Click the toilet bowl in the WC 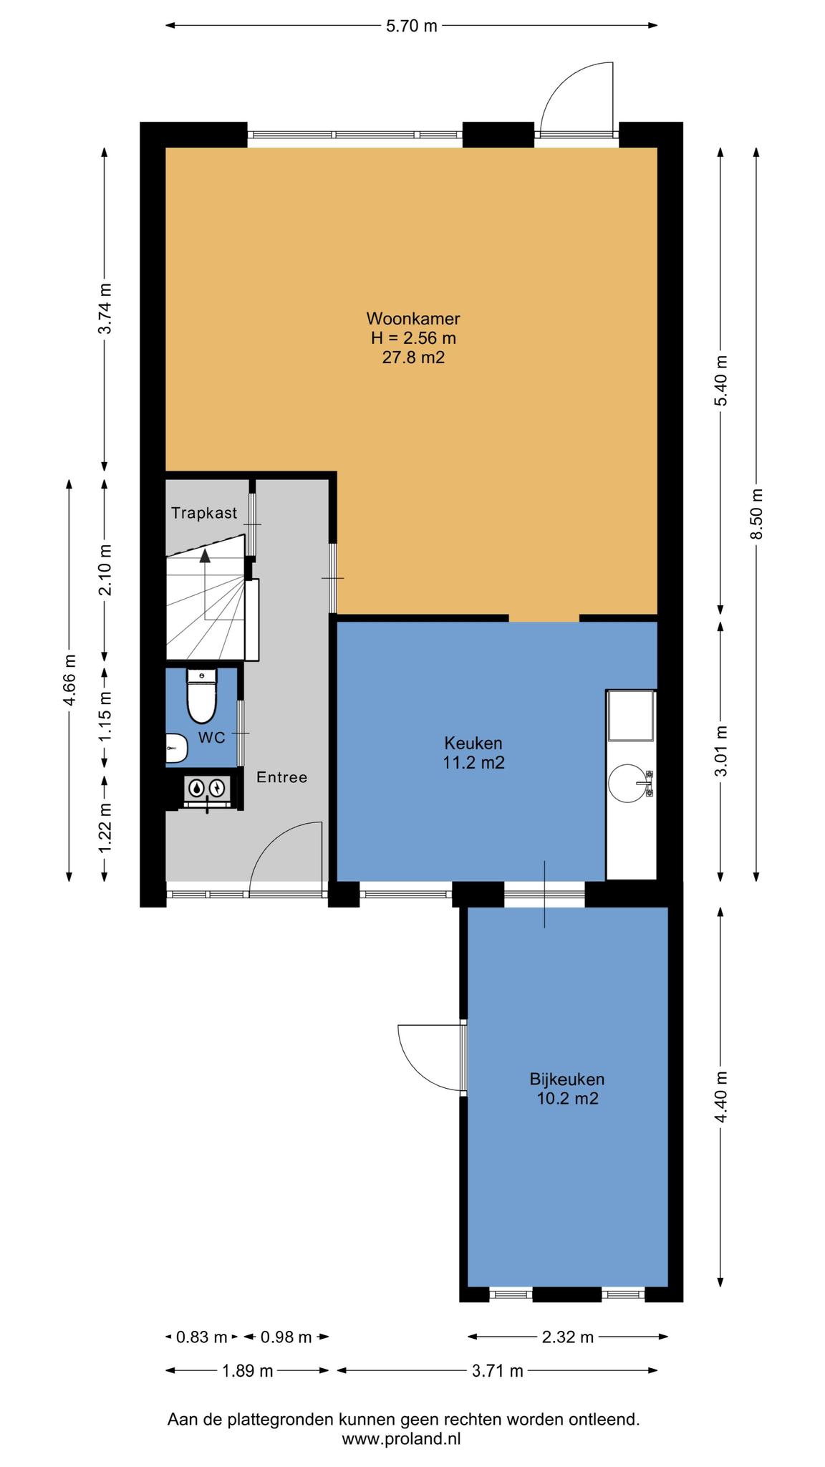201,700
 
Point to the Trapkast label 204,513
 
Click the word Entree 282,777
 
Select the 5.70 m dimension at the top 411,27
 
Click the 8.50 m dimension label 757,514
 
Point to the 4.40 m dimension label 721,1097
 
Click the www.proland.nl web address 402,1438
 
